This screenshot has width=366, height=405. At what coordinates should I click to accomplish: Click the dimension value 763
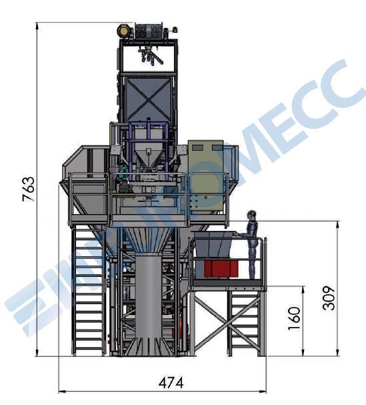[29, 189]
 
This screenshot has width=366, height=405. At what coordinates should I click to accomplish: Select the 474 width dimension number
[171, 382]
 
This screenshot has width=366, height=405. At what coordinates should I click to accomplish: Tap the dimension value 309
[329, 298]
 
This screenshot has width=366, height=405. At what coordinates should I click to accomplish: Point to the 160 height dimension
[294, 318]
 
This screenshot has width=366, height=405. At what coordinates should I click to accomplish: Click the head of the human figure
[251, 215]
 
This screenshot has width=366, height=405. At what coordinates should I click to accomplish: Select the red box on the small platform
[221, 269]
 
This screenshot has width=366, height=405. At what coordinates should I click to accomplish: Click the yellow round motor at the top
[123, 31]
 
